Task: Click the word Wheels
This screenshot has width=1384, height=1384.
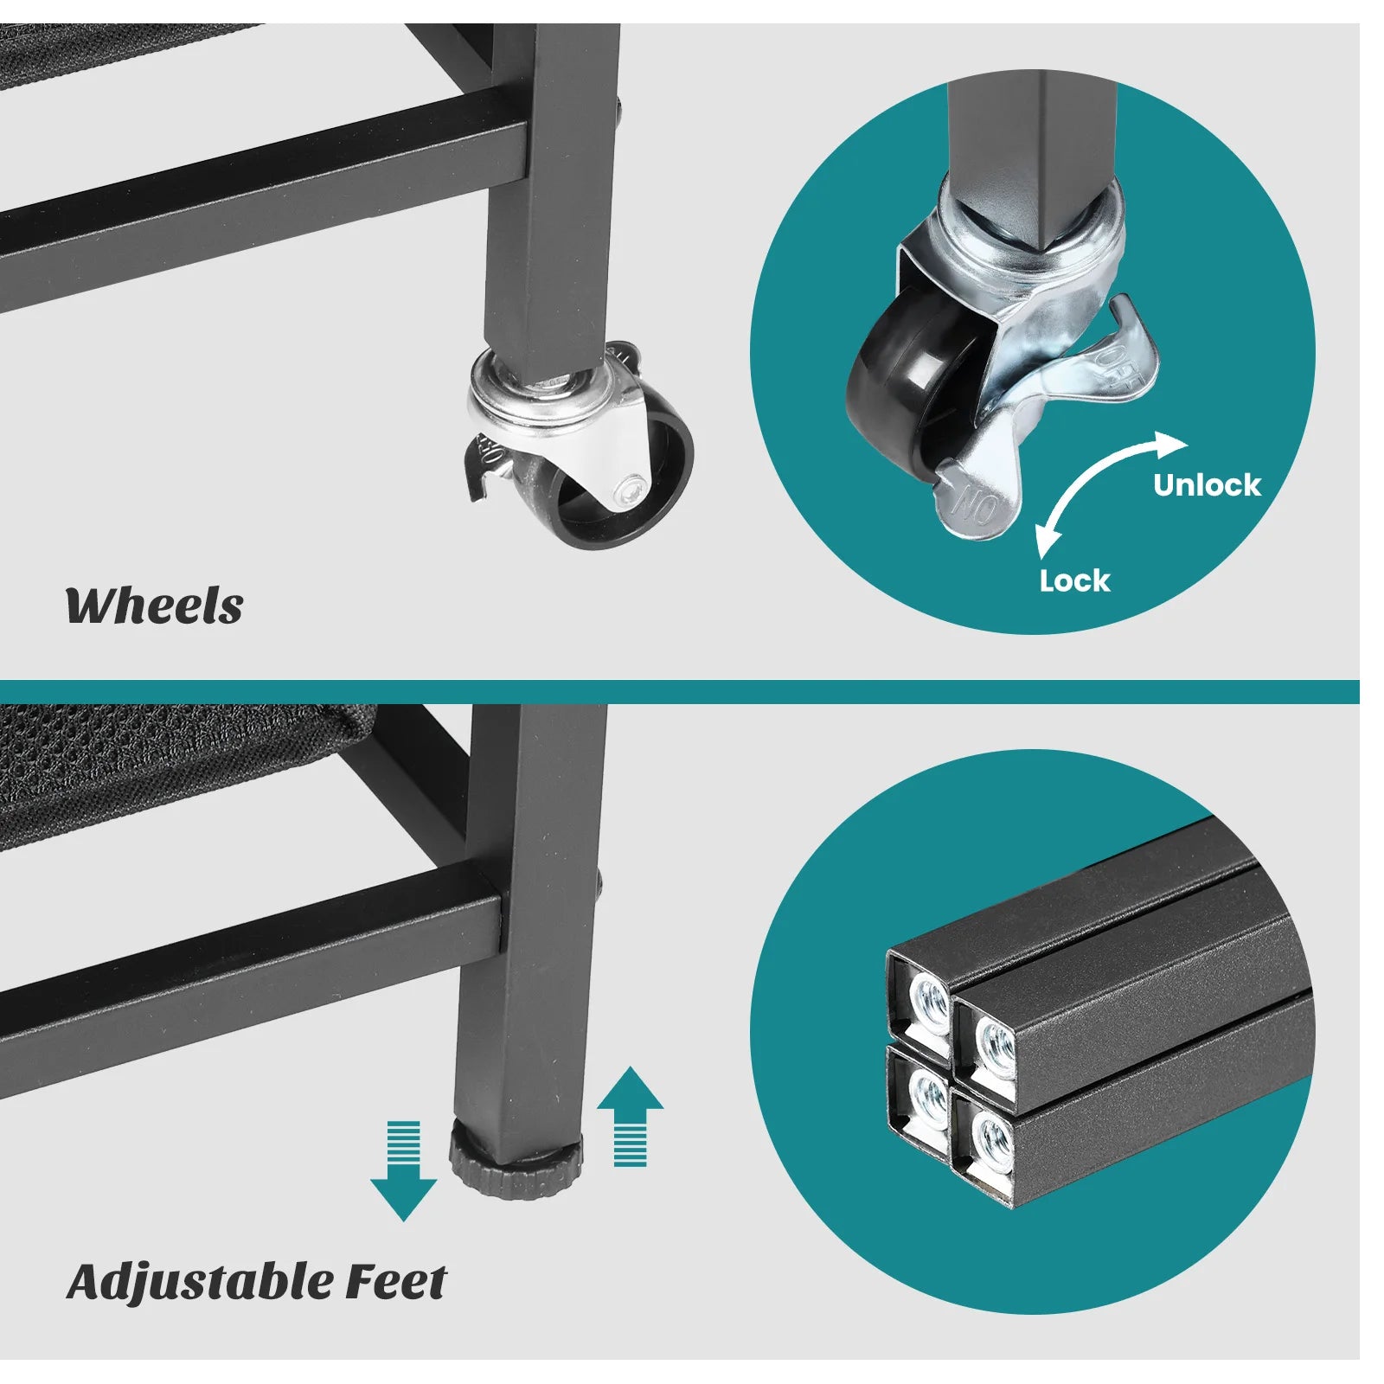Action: pyautogui.click(x=154, y=605)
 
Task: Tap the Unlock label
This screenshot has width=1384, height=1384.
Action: pyautogui.click(x=1207, y=485)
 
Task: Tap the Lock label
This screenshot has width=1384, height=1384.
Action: pyautogui.click(x=1074, y=580)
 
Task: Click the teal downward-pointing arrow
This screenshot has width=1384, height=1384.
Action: pyautogui.click(x=403, y=1170)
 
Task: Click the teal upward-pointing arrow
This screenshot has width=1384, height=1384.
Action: pyautogui.click(x=630, y=1116)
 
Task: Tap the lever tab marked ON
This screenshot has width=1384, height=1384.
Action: pyautogui.click(x=973, y=502)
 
